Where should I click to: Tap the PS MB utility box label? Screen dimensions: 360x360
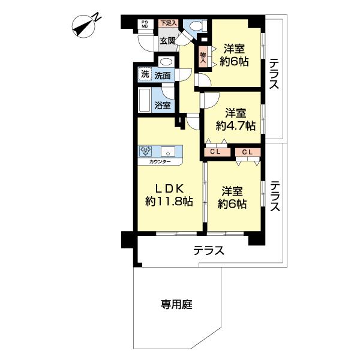[145, 25]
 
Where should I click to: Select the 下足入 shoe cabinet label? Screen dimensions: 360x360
[168, 23]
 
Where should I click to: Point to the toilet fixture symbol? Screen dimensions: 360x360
[196, 27]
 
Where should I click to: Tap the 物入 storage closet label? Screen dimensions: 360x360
[203, 56]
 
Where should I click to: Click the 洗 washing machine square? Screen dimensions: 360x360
[144, 75]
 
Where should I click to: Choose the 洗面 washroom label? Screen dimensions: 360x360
[162, 76]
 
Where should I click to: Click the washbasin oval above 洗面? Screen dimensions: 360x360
[166, 62]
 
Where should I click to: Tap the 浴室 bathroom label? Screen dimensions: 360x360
[163, 106]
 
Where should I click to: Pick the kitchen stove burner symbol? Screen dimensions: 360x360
[147, 151]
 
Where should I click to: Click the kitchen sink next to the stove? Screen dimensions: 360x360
[167, 151]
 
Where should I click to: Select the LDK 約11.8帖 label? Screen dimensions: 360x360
[169, 194]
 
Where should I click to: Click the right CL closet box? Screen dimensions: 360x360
[247, 152]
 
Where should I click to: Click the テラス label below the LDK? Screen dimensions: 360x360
[208, 251]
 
